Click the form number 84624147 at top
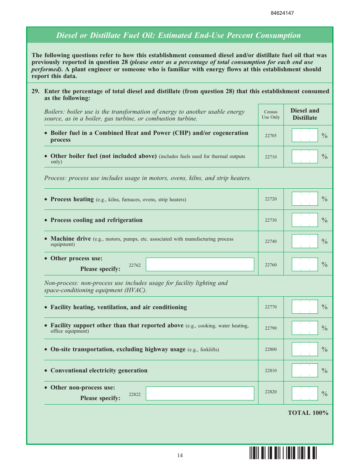coord(282,13)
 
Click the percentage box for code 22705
coord(304,135)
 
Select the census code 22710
coord(271,156)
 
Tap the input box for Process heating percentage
coord(304,199)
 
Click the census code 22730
coord(271,220)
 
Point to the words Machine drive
coord(70,239)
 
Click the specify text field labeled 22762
coord(200,264)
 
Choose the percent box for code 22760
coord(304,264)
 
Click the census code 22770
coord(271,307)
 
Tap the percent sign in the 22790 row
coord(324,328)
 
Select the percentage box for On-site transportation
coord(304,349)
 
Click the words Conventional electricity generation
coord(99,371)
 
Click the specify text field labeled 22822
coord(200,393)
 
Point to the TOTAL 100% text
coord(308,413)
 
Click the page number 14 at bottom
coord(180,455)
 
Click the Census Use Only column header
coord(271,114)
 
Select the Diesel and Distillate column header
coord(305,114)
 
